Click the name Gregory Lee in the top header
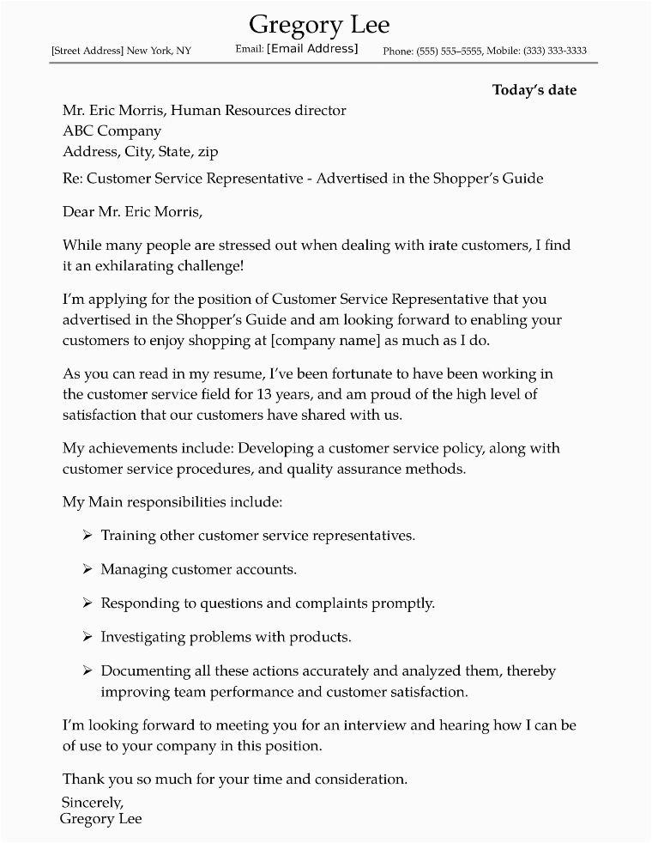[x=318, y=23]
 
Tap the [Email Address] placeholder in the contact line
[x=312, y=49]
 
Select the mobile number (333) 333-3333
[x=552, y=52]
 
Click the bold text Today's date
[x=534, y=90]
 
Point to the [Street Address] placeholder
[x=88, y=52]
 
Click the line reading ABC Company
[x=112, y=131]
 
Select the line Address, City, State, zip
[x=140, y=152]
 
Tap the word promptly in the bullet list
[x=406, y=603]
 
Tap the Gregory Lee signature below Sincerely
[x=101, y=819]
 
